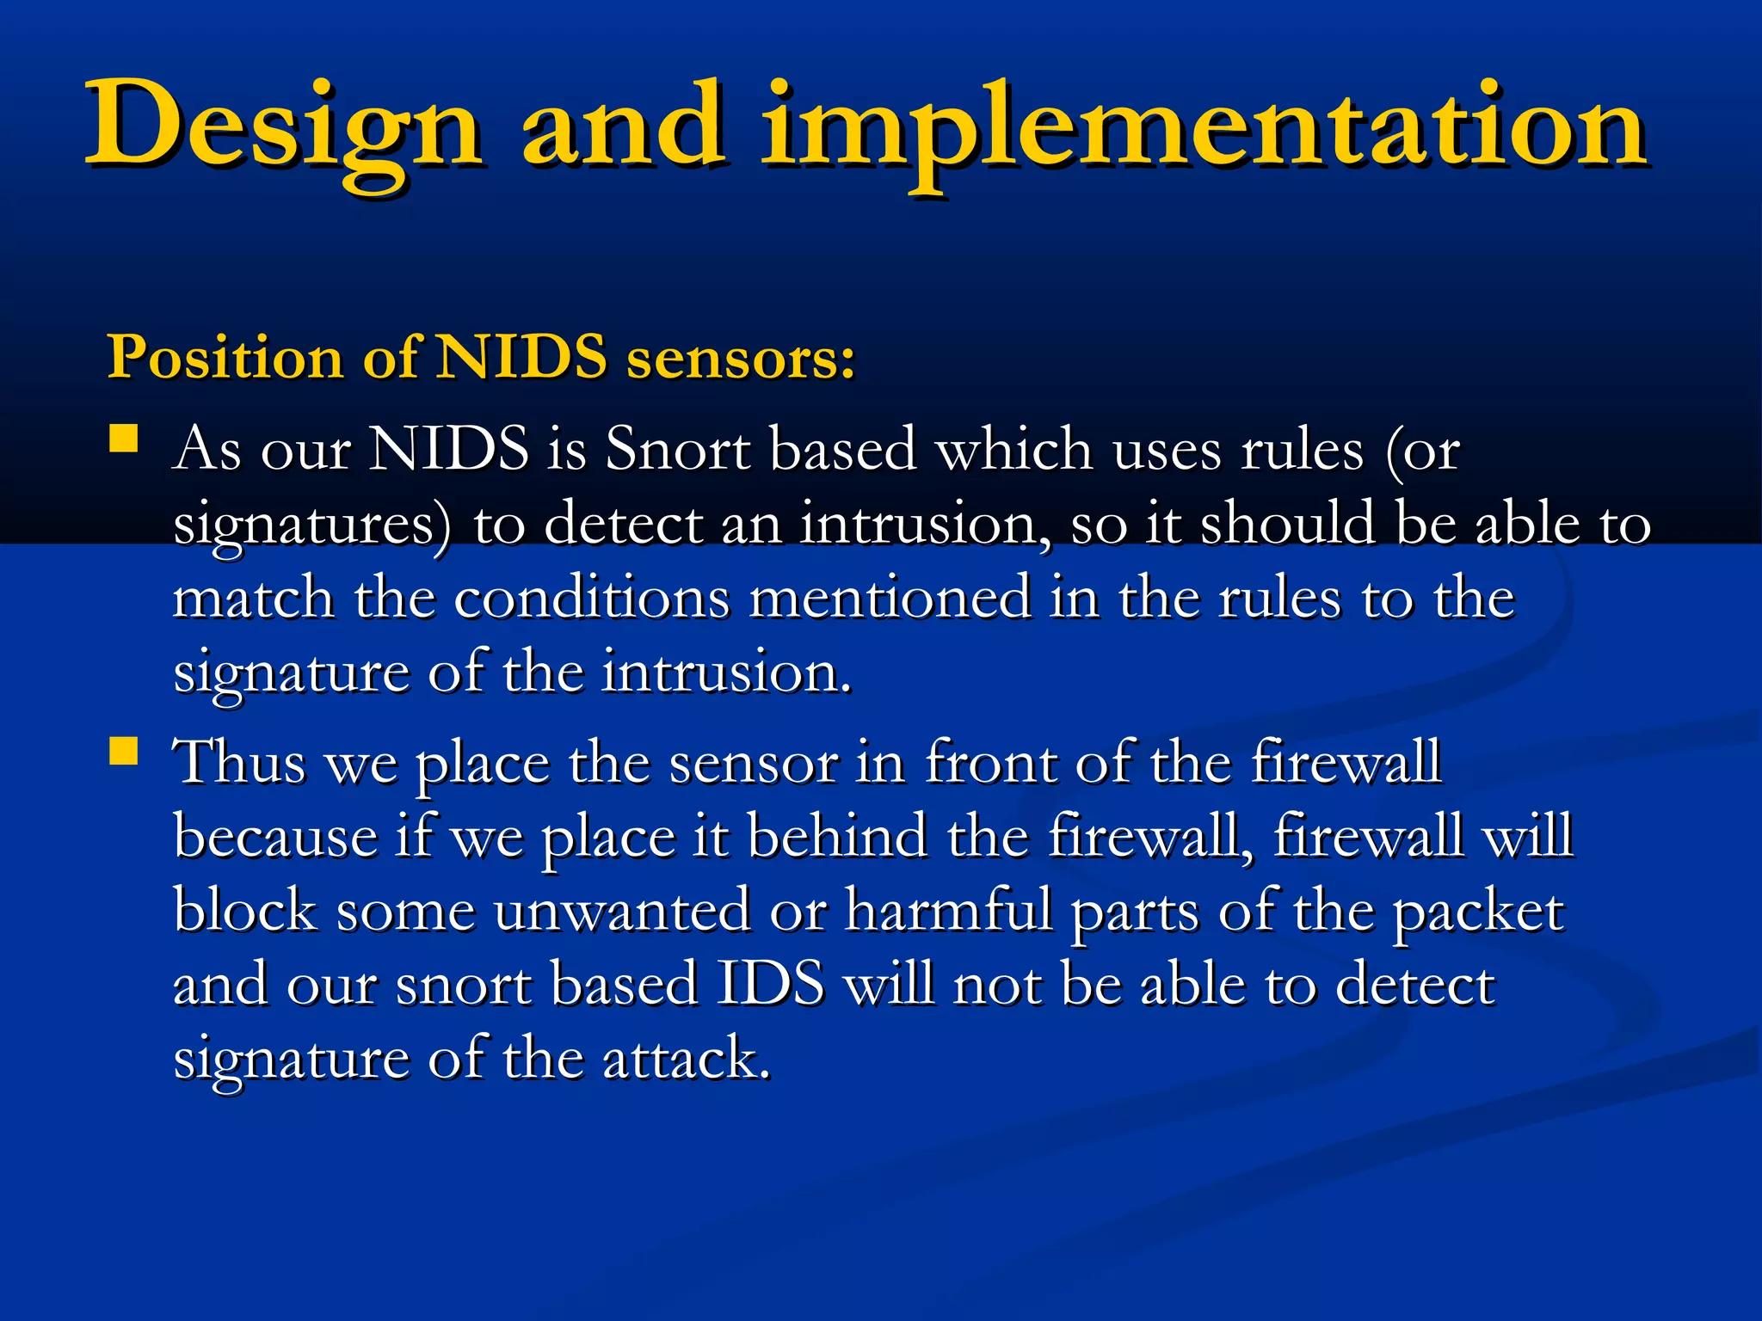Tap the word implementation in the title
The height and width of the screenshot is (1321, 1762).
coord(1204,127)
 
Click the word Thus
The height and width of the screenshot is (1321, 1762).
coord(240,762)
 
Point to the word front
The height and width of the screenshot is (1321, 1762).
coord(990,762)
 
